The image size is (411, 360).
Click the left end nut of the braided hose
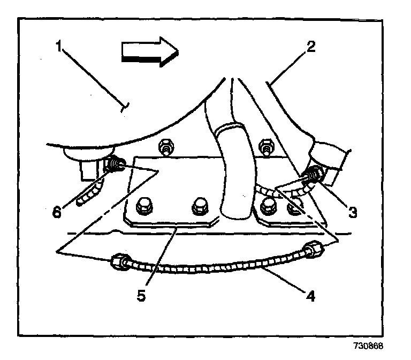(x=118, y=262)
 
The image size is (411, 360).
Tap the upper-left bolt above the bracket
(x=164, y=146)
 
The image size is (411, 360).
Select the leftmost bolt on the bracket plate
(x=145, y=205)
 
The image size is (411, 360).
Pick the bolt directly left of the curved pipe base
(x=200, y=205)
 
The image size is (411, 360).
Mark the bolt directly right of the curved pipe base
(x=267, y=206)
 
